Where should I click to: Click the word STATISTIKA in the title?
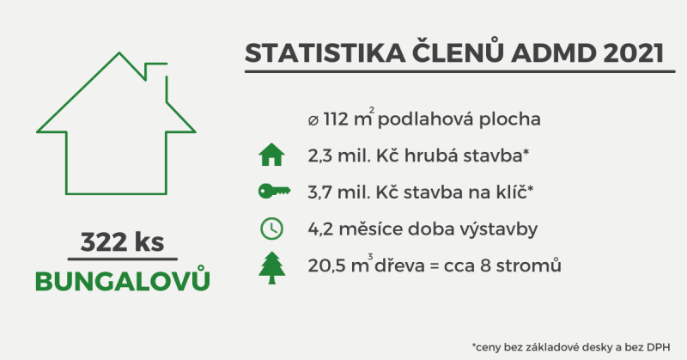coord(325,53)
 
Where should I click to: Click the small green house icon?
coord(271,155)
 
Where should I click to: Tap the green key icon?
coord(274,192)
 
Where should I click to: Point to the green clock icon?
coord(271,229)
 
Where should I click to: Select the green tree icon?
coord(271,267)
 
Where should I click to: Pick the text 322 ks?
coord(122,242)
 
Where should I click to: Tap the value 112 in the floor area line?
coord(336,119)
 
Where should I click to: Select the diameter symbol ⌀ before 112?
coord(313,120)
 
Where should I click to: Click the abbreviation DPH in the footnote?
coord(660,348)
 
